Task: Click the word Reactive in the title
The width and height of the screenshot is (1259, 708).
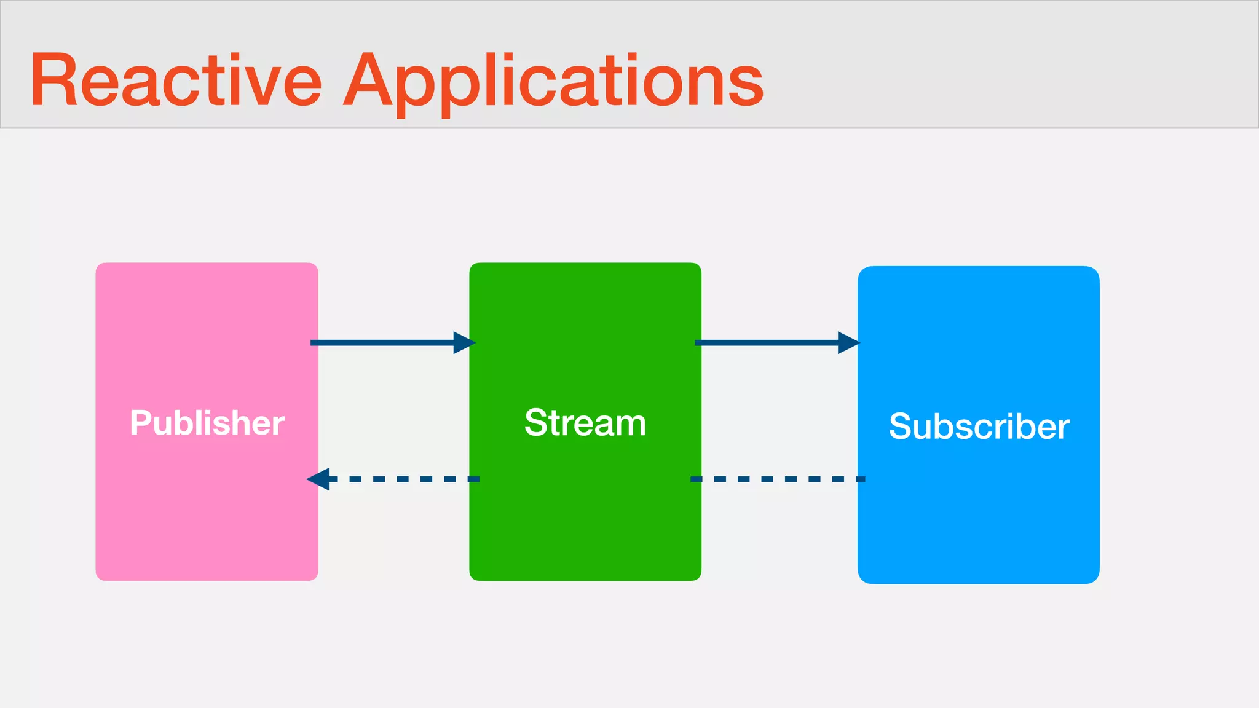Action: [x=176, y=81]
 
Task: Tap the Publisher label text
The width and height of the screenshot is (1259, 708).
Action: [x=207, y=423]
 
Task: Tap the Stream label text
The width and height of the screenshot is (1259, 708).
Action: [x=585, y=423]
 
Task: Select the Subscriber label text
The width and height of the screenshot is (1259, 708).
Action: [x=979, y=427]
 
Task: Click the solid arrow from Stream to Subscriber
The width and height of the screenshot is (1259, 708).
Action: [x=768, y=342]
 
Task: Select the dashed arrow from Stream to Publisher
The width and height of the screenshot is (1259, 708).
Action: [x=400, y=479]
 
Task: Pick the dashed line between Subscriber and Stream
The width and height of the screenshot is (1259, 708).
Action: [x=778, y=479]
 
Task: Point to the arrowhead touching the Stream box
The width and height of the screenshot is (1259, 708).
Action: [x=464, y=342]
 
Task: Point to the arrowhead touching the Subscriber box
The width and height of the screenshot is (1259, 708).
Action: [x=848, y=342]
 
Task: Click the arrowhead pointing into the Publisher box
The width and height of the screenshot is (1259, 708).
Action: [x=318, y=479]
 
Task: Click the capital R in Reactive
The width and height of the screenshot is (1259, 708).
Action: [x=53, y=81]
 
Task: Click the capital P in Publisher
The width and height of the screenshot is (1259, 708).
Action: [x=140, y=423]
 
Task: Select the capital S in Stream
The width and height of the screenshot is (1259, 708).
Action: [x=536, y=423]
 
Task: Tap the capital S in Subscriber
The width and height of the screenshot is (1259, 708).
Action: [x=901, y=427]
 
